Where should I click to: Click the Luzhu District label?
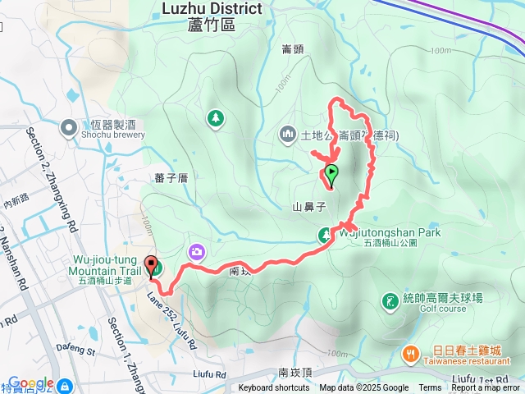coord(212,9)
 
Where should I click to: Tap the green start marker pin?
coord(331,173)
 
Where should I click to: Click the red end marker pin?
coord(151,265)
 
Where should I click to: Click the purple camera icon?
coord(197,252)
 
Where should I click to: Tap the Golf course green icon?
coord(388,301)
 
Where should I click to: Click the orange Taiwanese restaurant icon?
coord(409,354)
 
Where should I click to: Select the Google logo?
coord(31,383)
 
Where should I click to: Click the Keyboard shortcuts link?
coord(274,388)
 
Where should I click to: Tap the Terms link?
coord(430,388)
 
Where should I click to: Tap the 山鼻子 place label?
coord(309,207)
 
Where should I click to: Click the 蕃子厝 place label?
coord(171,177)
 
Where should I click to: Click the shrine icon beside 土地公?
coord(288,132)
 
